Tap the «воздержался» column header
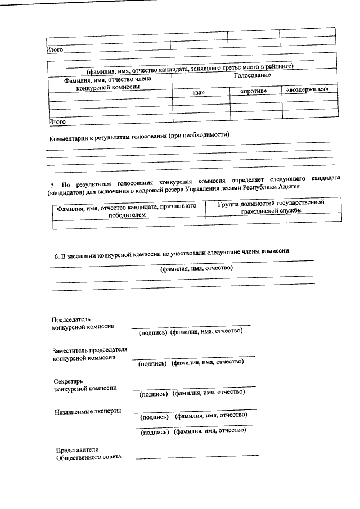click(307, 89)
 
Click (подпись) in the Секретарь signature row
click(154, 393)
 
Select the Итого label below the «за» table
click(57, 121)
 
